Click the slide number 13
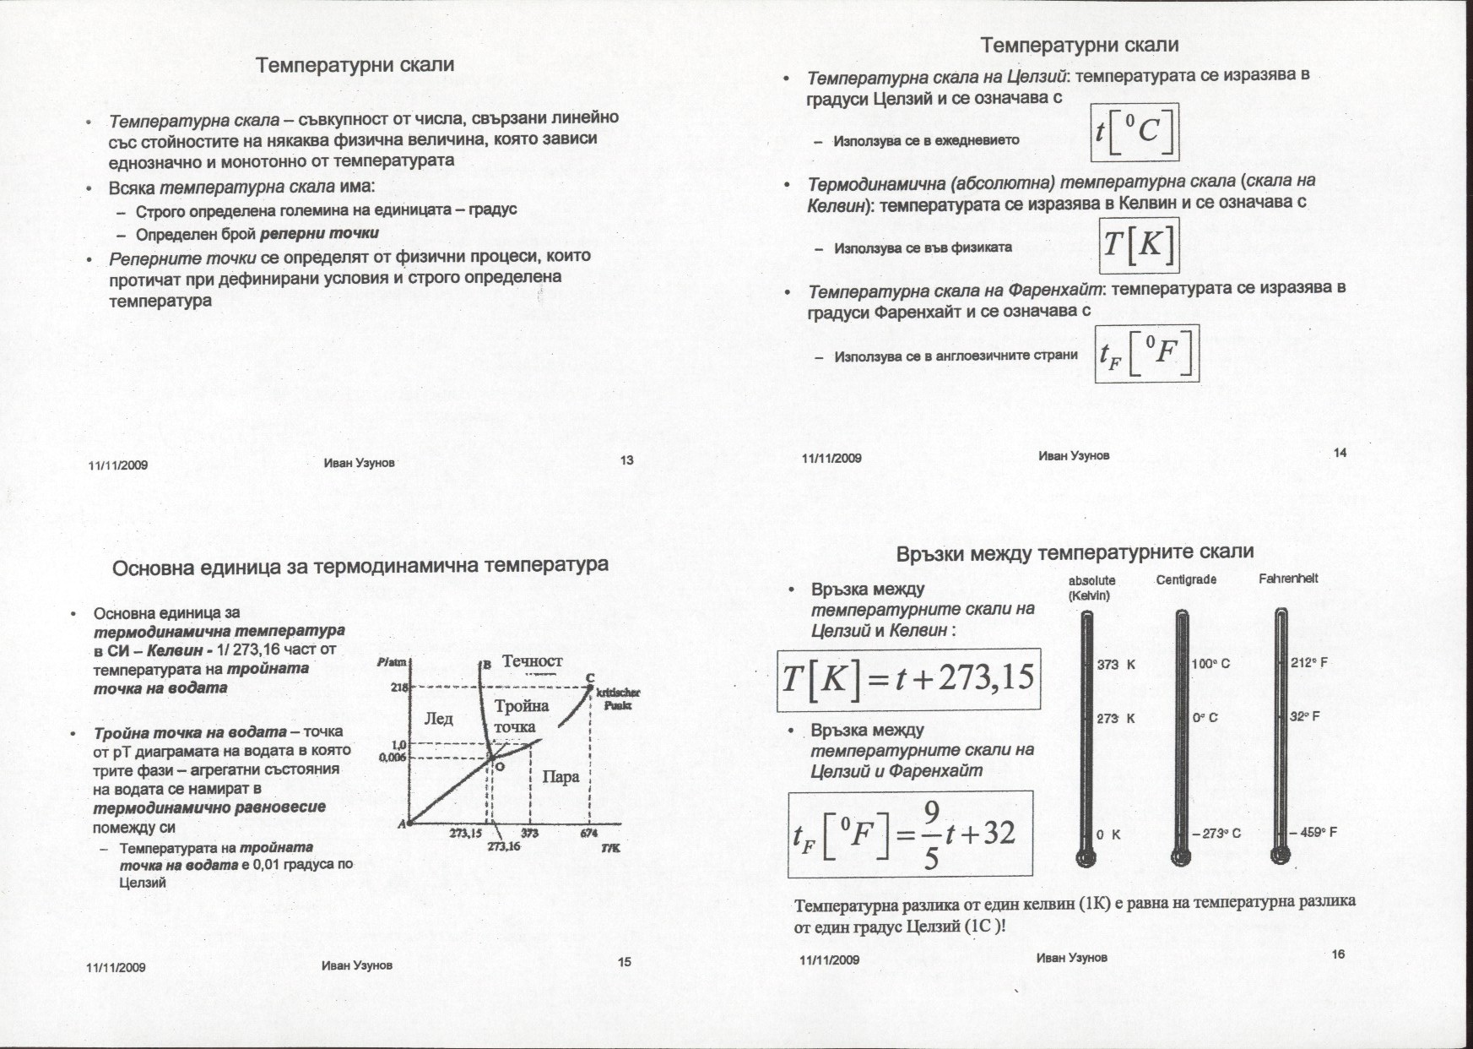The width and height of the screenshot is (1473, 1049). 626,460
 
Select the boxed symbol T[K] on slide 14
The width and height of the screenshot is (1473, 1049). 1139,245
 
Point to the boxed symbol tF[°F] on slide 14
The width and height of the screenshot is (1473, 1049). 1146,356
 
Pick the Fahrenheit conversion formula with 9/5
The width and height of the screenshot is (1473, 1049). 910,834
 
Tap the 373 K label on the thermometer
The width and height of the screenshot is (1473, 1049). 1116,665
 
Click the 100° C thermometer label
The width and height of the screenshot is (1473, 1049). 1210,664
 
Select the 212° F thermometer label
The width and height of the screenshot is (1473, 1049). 1309,662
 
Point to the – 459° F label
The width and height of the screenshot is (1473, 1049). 1313,832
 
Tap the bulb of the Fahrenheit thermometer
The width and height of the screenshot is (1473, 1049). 1281,855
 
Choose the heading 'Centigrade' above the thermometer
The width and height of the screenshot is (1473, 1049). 1186,579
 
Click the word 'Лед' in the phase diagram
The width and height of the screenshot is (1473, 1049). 438,719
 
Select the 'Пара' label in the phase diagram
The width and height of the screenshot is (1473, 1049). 560,776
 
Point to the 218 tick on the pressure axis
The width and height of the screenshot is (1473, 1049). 399,688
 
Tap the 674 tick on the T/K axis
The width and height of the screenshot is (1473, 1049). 588,834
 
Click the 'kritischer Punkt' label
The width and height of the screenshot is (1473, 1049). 618,698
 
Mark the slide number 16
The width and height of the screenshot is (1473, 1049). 1338,954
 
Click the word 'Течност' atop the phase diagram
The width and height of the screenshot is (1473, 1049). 533,660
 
